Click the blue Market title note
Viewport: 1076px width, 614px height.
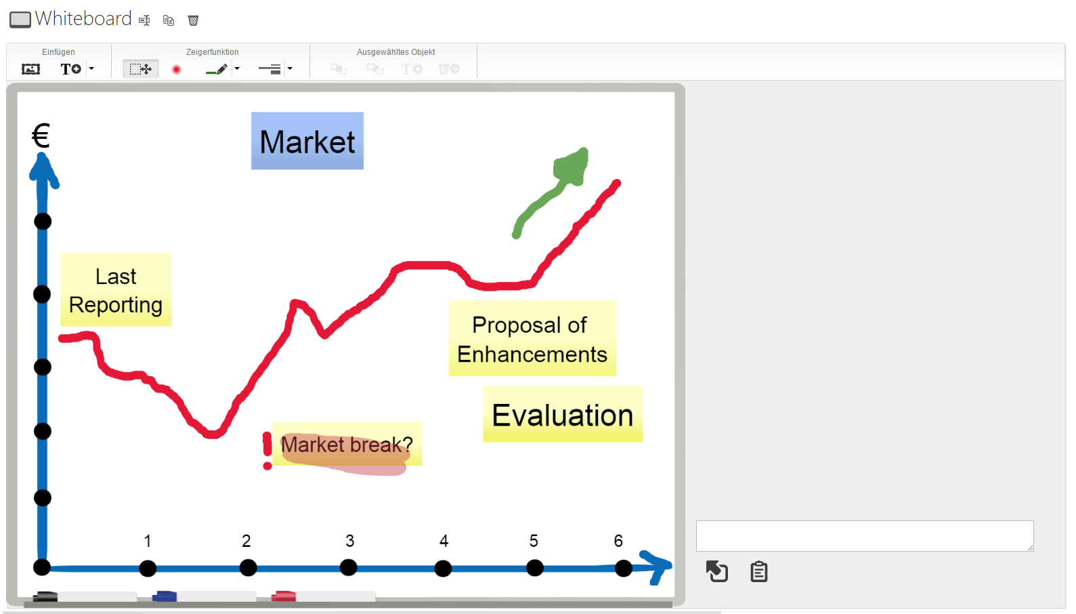307,141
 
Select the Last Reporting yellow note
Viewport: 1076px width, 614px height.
116,289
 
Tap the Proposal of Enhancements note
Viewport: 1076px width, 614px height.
532,338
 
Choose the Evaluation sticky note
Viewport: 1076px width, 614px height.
563,414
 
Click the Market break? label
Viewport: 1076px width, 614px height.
347,444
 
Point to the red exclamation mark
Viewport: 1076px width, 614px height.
267,451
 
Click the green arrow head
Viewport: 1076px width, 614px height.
572,166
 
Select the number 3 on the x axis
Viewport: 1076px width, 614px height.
349,541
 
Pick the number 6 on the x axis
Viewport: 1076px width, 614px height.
618,541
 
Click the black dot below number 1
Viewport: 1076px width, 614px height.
148,569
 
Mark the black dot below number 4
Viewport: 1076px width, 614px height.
443,569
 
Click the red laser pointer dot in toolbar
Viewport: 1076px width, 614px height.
176,70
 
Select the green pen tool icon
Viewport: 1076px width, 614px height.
216,70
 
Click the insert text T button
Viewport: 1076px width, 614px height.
70,69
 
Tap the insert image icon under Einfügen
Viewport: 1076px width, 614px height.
30,69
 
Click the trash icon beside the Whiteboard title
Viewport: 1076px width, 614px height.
193,20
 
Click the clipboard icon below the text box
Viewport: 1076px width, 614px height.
759,572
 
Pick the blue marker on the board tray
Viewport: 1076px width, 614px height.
165,596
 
